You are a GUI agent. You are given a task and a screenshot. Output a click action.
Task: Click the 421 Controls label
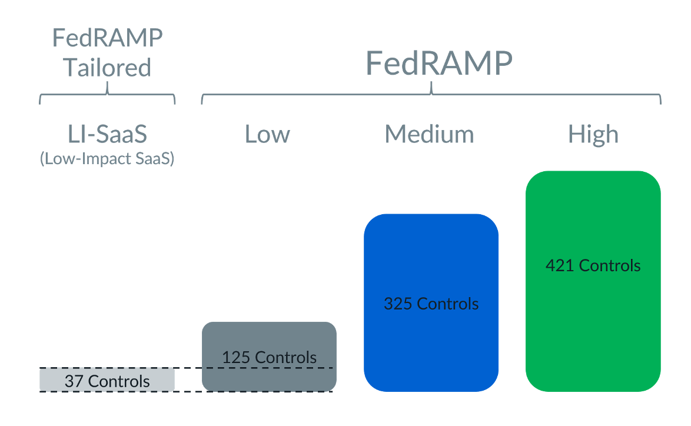pos(593,265)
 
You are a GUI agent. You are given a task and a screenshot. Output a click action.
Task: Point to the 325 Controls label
pos(431,304)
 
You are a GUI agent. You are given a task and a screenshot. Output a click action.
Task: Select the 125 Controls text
pos(269,357)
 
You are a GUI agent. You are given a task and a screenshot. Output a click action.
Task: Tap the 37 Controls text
pos(107,381)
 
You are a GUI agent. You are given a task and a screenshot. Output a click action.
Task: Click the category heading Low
pos(267,134)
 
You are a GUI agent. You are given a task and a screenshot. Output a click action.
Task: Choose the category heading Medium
pos(429,134)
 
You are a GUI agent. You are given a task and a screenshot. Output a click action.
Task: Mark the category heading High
pos(593,134)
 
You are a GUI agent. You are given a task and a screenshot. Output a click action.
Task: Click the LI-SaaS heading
pos(107,134)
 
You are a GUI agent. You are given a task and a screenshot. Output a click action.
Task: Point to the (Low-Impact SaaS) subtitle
pos(107,159)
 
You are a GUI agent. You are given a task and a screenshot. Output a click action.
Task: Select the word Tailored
pos(107,67)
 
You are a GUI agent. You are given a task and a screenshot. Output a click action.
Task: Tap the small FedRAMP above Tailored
pos(107,38)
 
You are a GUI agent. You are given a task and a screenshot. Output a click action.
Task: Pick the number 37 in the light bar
pos(73,381)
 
